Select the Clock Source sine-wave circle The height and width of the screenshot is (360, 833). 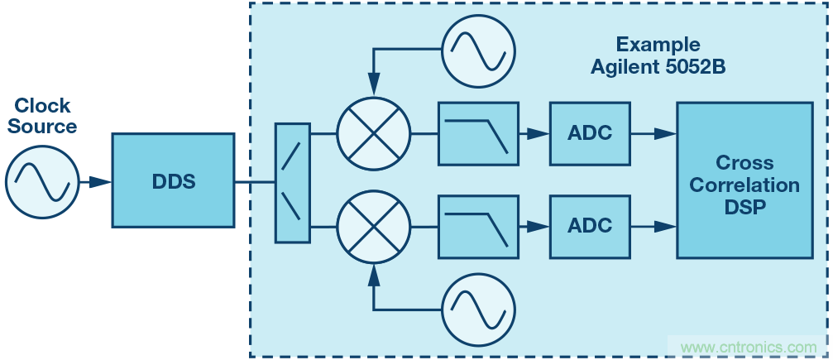coord(42,180)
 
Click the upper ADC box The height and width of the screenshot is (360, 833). coord(590,133)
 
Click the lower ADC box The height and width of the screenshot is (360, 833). coord(590,225)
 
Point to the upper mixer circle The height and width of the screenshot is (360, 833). coord(373,133)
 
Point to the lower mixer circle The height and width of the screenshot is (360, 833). coord(373,225)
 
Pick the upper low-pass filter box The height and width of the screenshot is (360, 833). coord(478,133)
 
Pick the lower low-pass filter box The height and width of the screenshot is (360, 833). coord(478,225)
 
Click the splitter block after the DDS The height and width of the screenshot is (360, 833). coord(292,182)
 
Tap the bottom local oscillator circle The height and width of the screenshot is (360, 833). coord(476,310)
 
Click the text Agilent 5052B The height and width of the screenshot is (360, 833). coord(658,67)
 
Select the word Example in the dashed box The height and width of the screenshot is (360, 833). coord(658,45)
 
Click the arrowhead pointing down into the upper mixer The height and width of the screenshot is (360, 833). coord(374,86)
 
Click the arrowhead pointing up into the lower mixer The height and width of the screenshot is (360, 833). coord(374,272)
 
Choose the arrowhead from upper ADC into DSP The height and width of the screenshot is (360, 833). coord(666,133)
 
